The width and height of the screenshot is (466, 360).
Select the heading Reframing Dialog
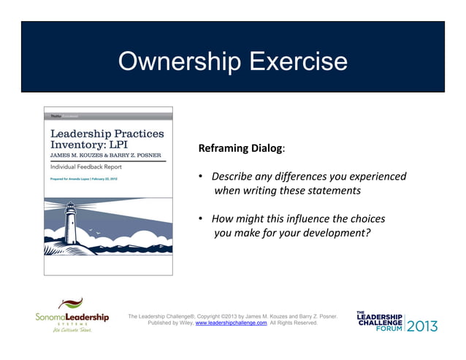coord(240,149)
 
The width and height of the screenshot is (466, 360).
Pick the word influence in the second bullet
coord(311,219)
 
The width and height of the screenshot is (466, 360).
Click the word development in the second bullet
coord(334,234)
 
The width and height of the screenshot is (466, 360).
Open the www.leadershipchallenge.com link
coord(232,322)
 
